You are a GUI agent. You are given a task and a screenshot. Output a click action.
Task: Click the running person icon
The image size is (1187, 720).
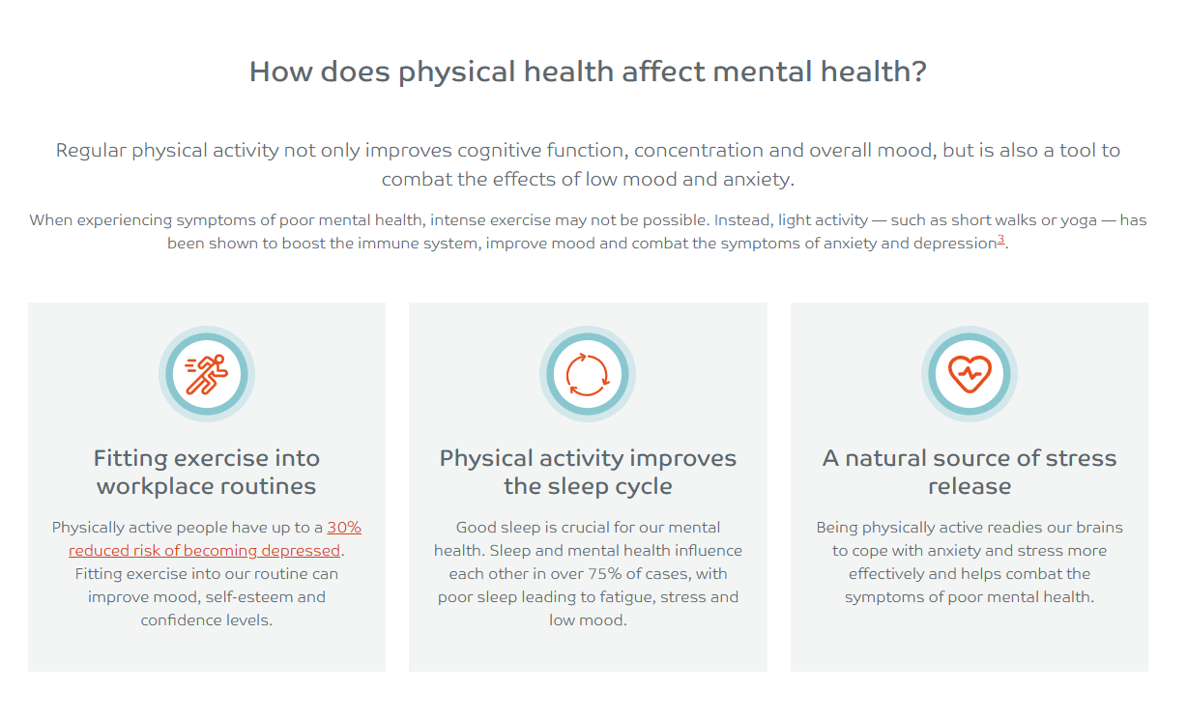coord(207,375)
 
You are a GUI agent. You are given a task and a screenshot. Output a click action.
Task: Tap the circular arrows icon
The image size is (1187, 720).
coord(587,375)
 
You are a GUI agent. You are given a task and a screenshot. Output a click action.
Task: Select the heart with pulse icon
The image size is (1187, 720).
coord(970,374)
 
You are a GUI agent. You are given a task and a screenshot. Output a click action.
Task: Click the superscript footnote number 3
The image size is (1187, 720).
coord(1000,239)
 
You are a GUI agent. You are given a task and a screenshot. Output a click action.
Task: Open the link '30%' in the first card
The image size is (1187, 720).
coord(344,528)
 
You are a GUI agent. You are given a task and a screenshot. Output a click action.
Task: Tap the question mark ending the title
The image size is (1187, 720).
coord(919,72)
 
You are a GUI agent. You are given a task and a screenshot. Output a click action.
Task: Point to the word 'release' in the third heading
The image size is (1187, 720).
coord(970,486)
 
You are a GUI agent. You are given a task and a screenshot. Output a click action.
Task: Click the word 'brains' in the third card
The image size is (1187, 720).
coord(1098,528)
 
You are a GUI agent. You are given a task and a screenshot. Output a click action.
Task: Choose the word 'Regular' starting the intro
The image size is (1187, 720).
coord(91,152)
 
